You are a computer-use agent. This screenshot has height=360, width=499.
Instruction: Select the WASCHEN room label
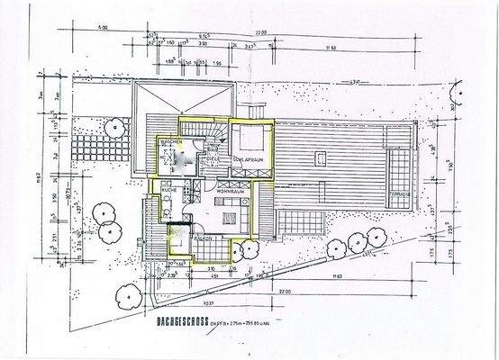[172, 143]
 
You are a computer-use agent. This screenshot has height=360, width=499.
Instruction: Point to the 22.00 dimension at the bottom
[286, 292]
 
